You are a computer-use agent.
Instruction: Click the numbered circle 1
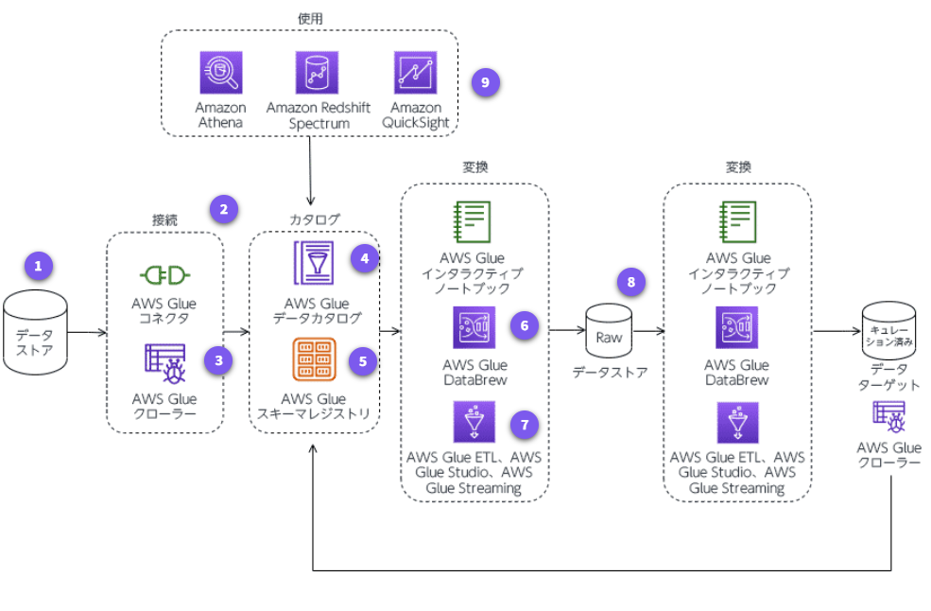[x=39, y=266]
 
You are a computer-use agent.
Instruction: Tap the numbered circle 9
[x=485, y=82]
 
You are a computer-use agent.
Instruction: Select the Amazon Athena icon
[x=221, y=73]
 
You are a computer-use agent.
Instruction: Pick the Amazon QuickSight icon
[x=415, y=73]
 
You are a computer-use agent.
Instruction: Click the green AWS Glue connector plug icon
[x=164, y=275]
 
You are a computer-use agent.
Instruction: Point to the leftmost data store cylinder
[x=35, y=332]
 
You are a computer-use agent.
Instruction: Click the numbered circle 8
[x=631, y=281]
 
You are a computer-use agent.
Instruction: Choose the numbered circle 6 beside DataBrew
[x=523, y=325]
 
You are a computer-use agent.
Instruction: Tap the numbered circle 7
[x=523, y=425]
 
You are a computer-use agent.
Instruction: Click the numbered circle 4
[x=364, y=257]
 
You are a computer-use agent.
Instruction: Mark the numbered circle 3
[x=218, y=359]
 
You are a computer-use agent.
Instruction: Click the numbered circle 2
[x=223, y=209]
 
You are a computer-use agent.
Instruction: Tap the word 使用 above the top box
[x=309, y=18]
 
